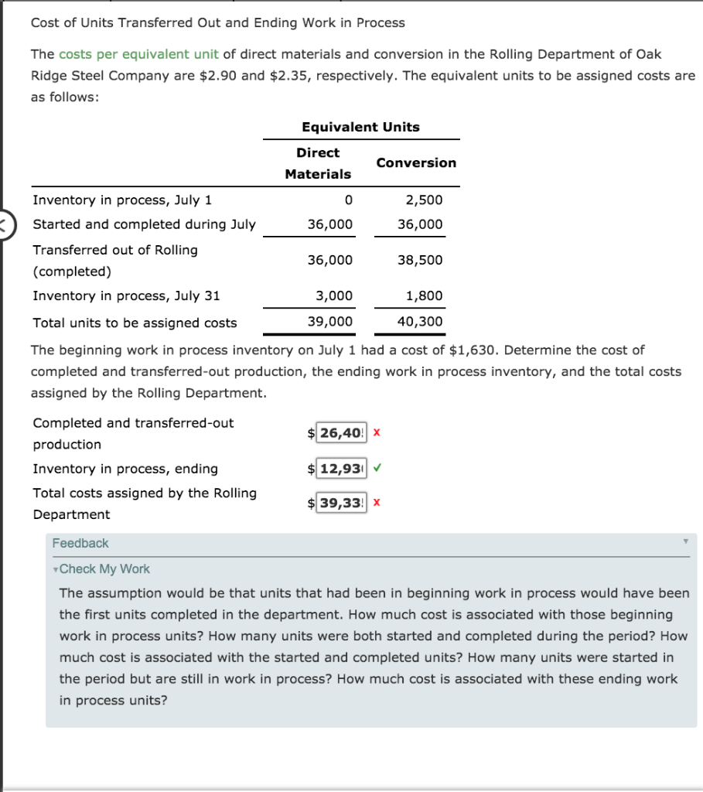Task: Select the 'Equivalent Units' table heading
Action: (360, 127)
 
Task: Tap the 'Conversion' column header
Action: (416, 162)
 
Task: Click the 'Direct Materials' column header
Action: (318, 163)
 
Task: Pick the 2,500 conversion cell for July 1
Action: (425, 200)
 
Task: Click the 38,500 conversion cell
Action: (420, 260)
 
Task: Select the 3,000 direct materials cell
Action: (334, 295)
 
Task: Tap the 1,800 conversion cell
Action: (425, 295)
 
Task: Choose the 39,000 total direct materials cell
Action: (330, 322)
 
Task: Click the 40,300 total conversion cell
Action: (420, 322)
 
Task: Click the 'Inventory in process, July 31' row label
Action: (126, 295)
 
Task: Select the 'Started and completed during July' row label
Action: (144, 224)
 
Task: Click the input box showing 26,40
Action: (341, 433)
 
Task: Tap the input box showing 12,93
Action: (341, 469)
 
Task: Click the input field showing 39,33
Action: (341, 504)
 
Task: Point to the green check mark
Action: (377, 468)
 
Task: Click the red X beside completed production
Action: (377, 433)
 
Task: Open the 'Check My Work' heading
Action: (104, 568)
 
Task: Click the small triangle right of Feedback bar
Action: (684, 543)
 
